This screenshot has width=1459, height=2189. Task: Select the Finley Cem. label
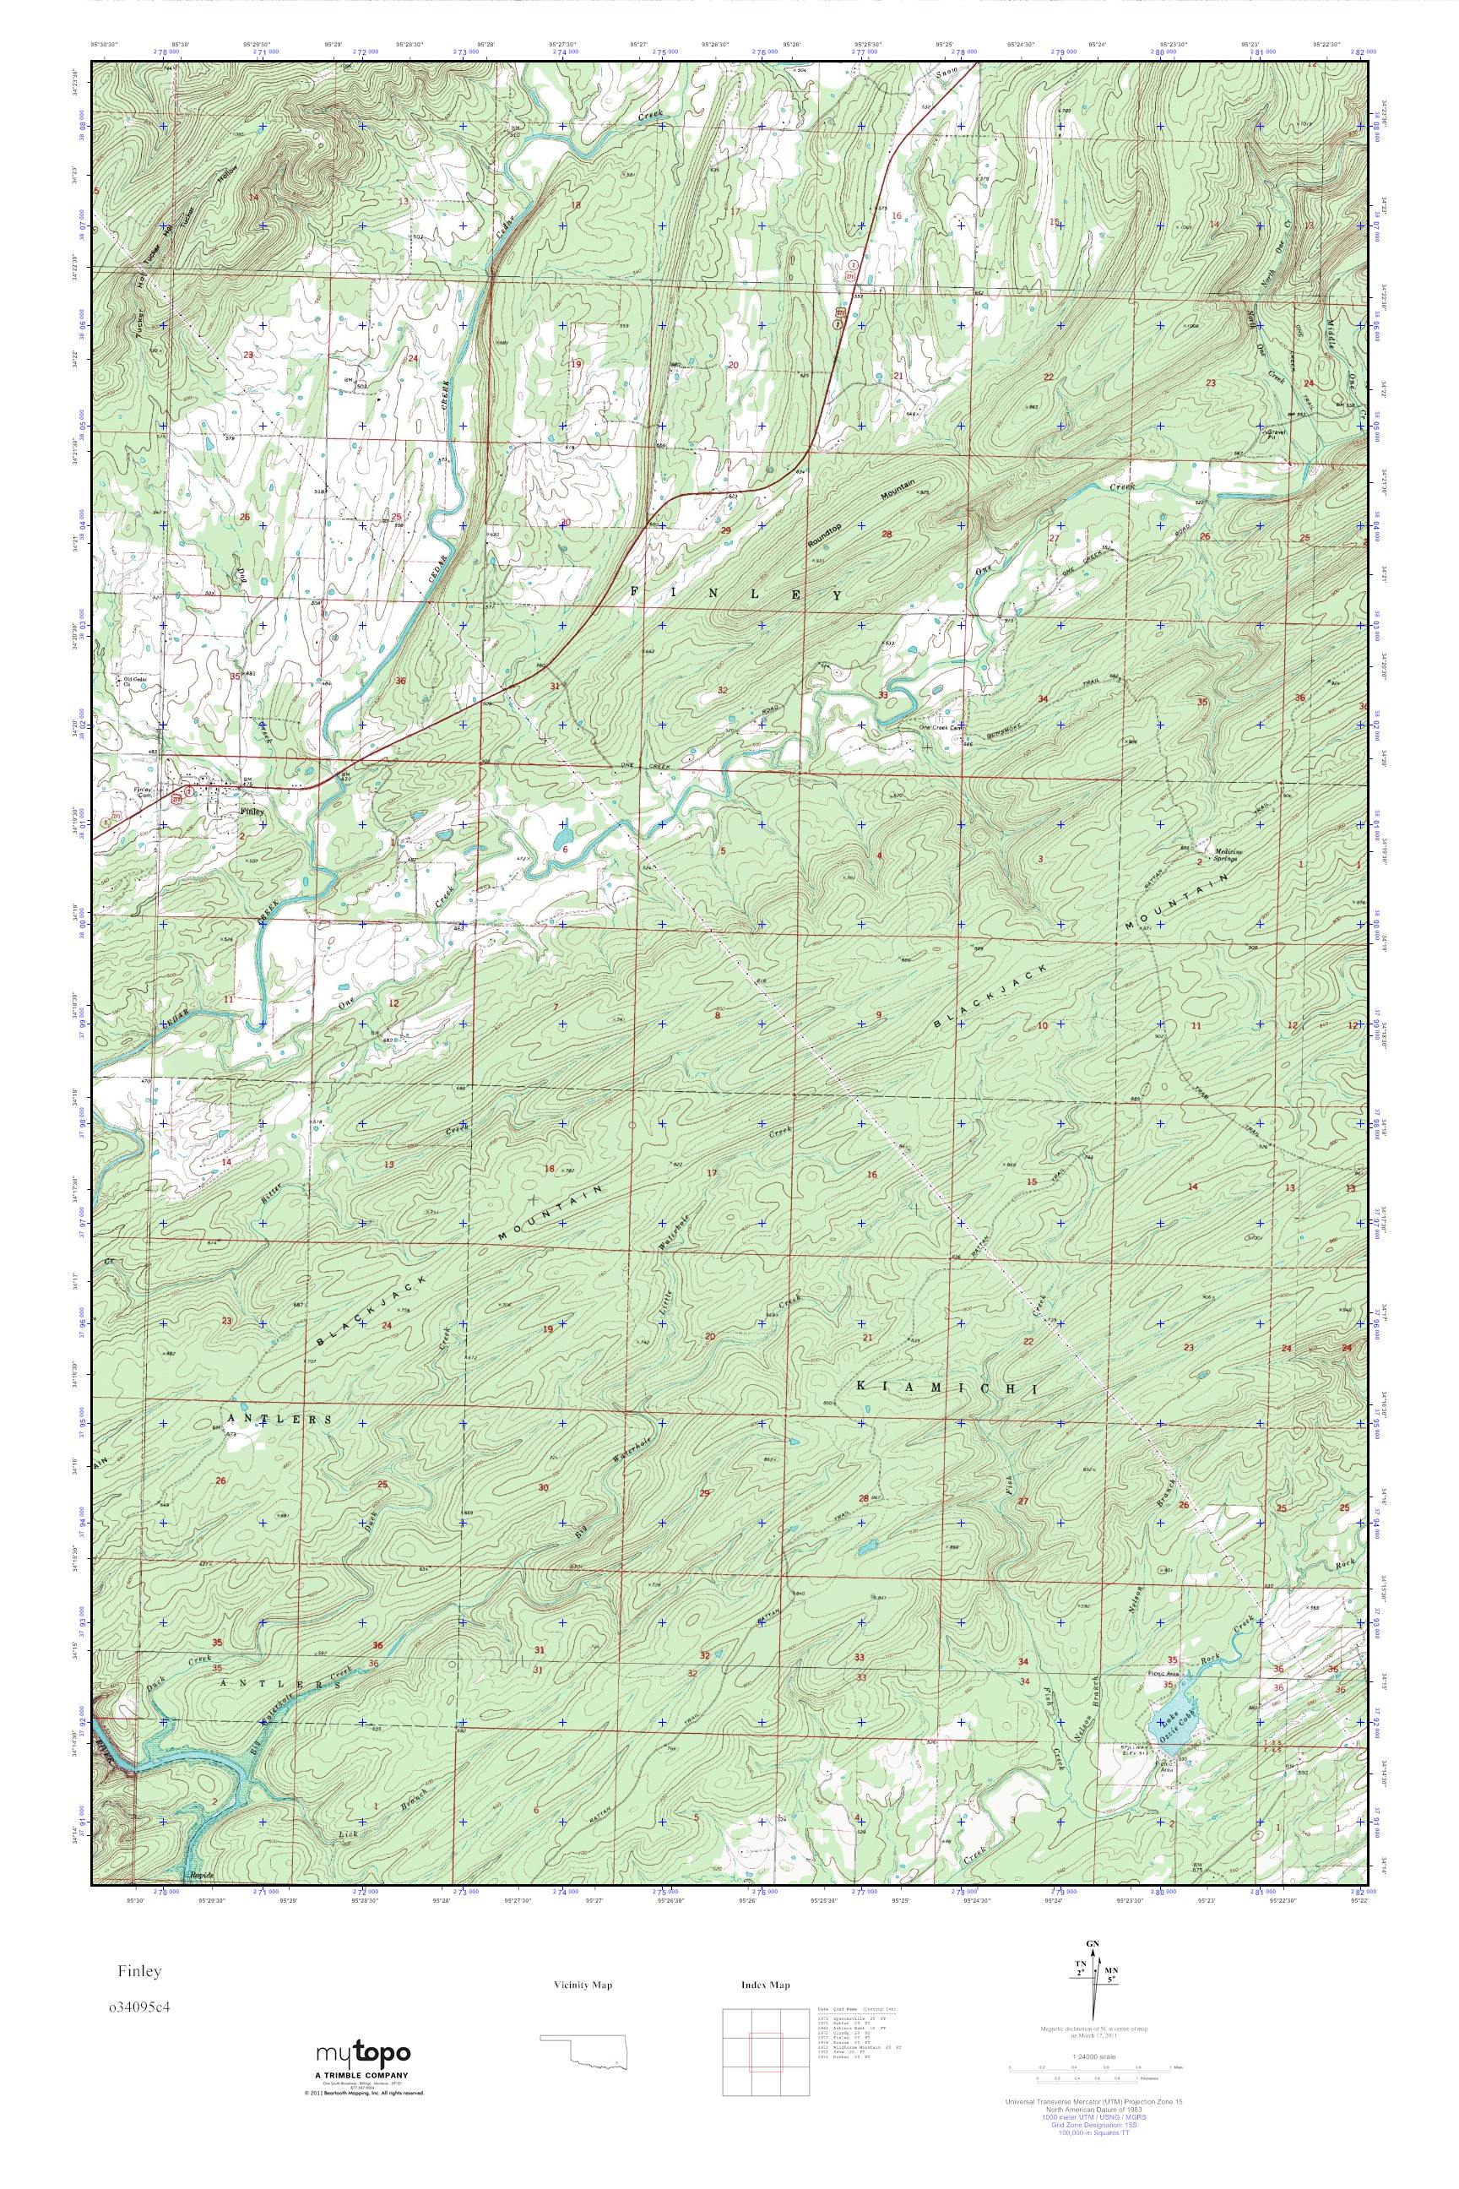(143, 792)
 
